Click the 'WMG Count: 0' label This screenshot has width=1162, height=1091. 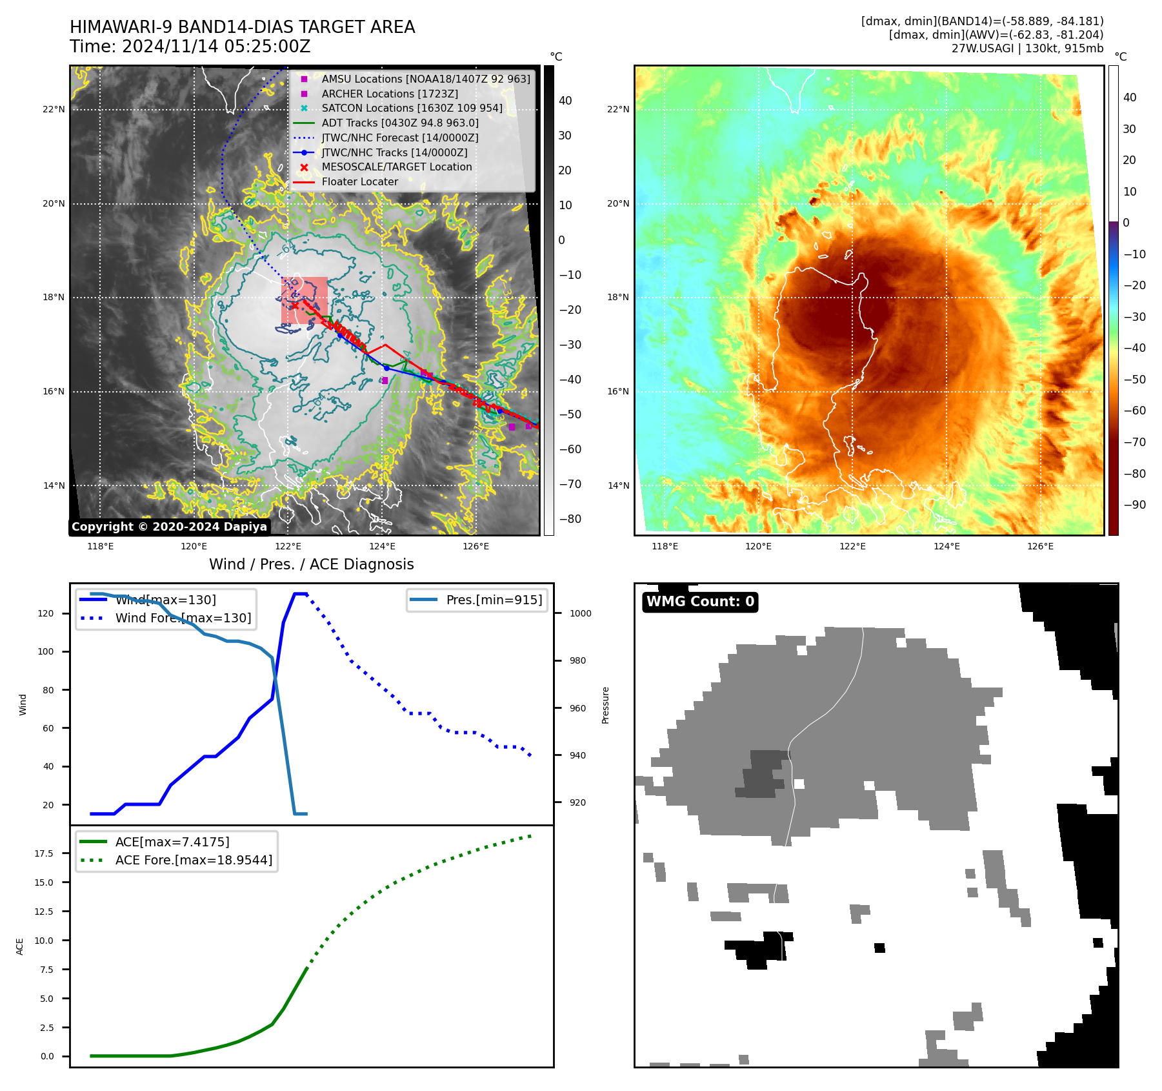tap(700, 602)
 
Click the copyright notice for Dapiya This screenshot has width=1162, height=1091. tap(169, 527)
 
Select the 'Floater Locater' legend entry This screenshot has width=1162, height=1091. tap(359, 182)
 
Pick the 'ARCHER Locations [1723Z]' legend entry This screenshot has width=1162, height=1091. tap(390, 94)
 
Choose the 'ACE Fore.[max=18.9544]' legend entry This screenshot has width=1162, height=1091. tap(194, 860)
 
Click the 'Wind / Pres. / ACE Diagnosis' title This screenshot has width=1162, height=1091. tap(311, 564)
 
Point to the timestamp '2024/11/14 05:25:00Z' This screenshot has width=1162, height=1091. tap(216, 47)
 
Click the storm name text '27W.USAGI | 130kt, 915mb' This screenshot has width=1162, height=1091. tap(1027, 48)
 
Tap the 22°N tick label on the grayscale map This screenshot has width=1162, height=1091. tap(54, 110)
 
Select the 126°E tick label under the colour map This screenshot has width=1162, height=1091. tap(1040, 547)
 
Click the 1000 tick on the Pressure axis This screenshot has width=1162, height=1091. tap(580, 614)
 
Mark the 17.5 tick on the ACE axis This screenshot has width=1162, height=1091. tap(44, 853)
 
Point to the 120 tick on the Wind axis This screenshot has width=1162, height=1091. tap(46, 614)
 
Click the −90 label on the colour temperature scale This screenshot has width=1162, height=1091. tap(1134, 505)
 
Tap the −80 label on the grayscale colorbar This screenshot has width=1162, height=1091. tap(570, 519)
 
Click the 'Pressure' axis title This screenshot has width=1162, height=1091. tap(606, 705)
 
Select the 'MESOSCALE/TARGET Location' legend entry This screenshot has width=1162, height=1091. tap(396, 167)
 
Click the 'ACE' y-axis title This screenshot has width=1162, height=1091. tap(20, 946)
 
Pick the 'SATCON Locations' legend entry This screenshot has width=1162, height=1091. tap(412, 108)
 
